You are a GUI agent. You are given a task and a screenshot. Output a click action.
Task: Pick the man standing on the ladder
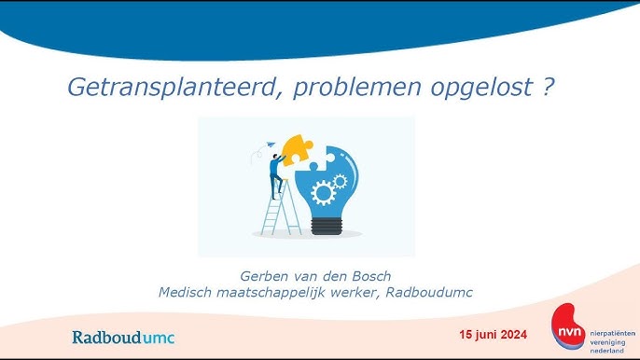click(276, 175)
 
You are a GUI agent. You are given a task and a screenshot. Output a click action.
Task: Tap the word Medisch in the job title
click(187, 292)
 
